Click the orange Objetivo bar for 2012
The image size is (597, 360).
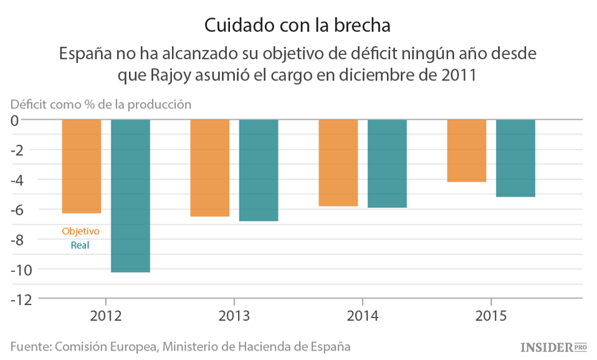tap(82, 166)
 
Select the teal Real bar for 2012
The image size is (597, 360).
tap(131, 196)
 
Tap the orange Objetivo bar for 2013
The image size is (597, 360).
tap(210, 168)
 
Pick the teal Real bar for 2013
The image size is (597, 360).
tap(259, 170)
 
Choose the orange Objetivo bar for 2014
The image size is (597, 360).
tap(338, 163)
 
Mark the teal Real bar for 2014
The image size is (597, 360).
tap(387, 164)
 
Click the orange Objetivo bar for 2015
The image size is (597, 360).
tap(466, 151)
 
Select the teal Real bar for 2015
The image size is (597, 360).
tap(515, 158)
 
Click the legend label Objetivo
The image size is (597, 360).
tap(80, 231)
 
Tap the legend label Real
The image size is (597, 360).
tap(80, 245)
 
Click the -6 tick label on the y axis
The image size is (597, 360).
tap(23, 210)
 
